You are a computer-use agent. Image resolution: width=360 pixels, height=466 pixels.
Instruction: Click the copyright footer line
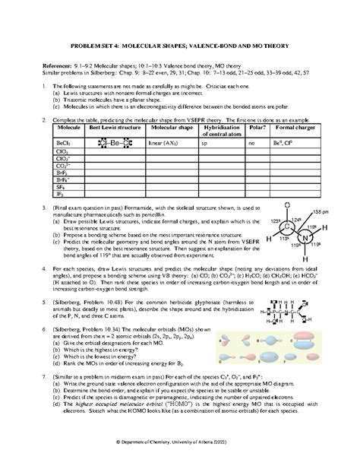pyautogui.click(x=179, y=441)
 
